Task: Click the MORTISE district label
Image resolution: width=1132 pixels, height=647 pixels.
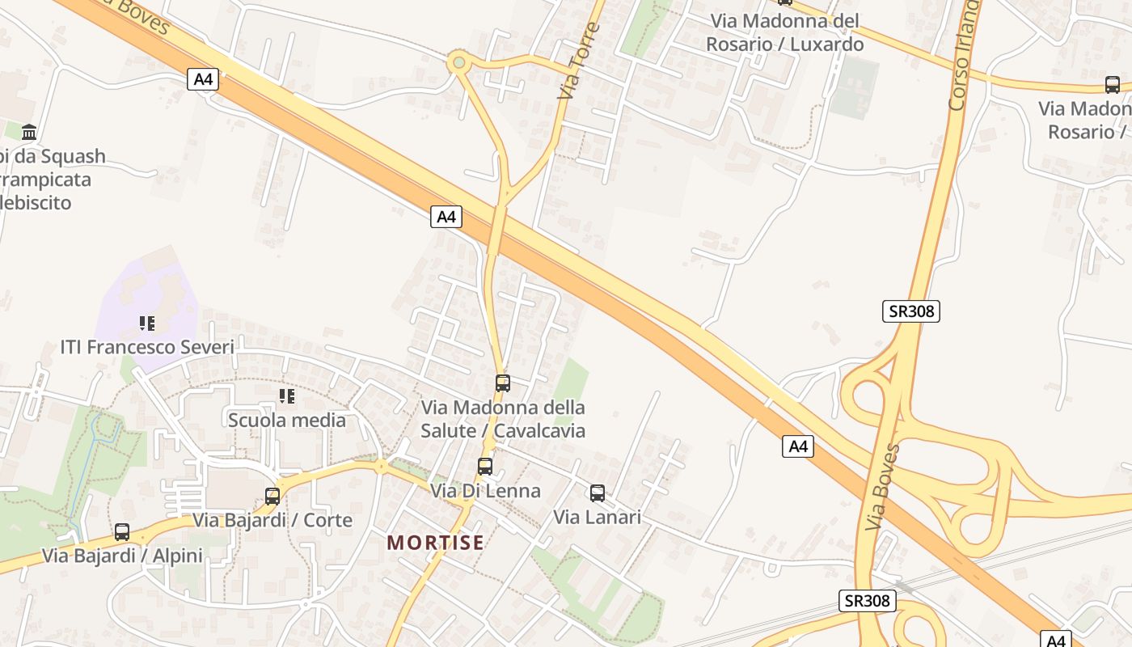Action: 436,543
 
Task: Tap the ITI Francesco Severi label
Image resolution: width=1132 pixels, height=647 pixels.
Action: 147,348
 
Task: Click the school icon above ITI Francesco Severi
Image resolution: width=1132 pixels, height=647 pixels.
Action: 146,323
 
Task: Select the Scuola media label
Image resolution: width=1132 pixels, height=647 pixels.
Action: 286,421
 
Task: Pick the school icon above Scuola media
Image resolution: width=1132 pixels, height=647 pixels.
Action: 286,396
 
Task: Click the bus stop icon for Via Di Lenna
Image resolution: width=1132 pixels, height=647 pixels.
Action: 485,467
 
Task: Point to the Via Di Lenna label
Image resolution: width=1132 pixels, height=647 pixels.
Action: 485,491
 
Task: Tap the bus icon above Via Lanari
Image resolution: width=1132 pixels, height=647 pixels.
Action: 598,493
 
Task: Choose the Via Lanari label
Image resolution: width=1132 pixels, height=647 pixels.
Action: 598,518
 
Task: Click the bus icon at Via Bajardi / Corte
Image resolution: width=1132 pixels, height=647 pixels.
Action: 272,496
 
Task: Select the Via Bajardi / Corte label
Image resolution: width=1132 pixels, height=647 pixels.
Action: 272,520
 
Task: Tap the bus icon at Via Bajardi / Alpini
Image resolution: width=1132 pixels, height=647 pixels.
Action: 122,532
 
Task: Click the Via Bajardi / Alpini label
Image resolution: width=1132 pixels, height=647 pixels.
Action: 122,556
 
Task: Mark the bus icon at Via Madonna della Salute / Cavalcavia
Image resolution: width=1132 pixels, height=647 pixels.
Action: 503,383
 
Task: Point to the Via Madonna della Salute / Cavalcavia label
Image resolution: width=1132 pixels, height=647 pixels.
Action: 503,419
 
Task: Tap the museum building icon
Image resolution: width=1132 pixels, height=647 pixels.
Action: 30,132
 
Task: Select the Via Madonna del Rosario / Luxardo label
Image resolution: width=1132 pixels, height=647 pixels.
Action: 784,32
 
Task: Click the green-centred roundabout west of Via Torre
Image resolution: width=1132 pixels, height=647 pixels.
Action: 459,62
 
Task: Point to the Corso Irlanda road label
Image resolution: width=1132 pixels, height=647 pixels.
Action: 963,57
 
